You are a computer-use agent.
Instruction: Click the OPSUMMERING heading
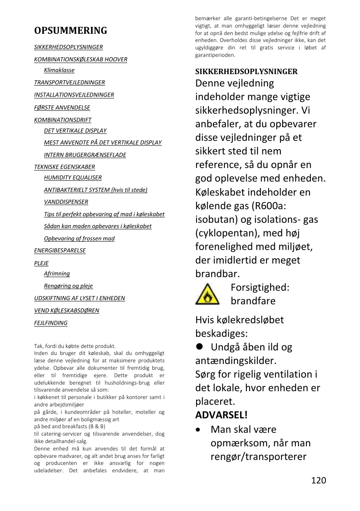(x=70, y=30)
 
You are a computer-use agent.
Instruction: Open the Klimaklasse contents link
(x=59, y=70)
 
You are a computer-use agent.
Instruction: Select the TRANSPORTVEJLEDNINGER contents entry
(x=69, y=82)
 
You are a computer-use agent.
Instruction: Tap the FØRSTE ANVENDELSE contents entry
(x=62, y=107)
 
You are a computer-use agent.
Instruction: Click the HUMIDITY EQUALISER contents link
(x=73, y=177)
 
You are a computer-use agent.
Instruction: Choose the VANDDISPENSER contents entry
(x=66, y=202)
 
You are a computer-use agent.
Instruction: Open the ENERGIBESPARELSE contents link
(x=60, y=250)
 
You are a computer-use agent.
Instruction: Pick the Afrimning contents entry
(x=57, y=273)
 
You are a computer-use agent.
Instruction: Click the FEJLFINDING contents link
(x=51, y=323)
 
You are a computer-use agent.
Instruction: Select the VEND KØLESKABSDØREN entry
(x=66, y=310)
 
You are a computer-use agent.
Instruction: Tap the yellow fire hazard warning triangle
(x=208, y=295)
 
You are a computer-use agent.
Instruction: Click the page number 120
(x=318, y=480)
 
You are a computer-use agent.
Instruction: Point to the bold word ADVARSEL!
(x=221, y=415)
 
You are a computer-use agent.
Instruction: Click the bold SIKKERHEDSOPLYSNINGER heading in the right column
(x=246, y=72)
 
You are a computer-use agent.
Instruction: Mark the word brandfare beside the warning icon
(x=253, y=301)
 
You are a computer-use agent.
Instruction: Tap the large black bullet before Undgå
(x=199, y=347)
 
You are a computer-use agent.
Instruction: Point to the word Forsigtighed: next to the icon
(x=259, y=287)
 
